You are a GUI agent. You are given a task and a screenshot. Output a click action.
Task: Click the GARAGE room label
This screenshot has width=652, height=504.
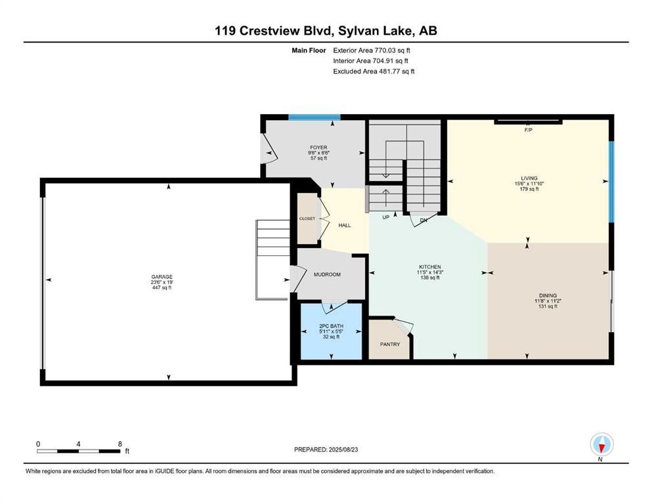pos(162,277)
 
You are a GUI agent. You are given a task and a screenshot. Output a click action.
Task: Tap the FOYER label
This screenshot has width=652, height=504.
pos(318,148)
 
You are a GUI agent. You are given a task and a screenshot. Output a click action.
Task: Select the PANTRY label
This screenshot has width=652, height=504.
pos(390,345)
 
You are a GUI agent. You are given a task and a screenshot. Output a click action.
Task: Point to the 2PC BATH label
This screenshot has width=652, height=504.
pos(332,326)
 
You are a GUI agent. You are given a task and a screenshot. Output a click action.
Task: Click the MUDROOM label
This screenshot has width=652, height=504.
pos(327,275)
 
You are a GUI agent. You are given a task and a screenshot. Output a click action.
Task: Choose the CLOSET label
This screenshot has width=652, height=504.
pos(307,219)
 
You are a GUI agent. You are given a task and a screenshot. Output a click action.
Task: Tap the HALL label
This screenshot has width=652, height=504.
pos(345,225)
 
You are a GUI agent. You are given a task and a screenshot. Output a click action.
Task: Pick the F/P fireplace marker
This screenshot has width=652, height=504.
pos(528,130)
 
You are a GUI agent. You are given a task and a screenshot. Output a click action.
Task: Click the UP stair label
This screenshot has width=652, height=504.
pos(386,217)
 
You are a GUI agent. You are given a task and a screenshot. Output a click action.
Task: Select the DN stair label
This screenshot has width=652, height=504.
pos(424,220)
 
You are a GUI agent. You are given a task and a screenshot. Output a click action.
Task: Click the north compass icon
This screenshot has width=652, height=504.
pos(601,445)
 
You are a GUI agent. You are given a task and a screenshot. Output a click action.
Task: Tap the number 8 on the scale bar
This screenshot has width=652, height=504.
pos(120,444)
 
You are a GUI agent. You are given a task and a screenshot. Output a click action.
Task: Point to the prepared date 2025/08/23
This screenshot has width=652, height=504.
pos(343,450)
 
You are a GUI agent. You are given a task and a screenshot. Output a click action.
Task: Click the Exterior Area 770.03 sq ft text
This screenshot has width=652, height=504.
pos(372,51)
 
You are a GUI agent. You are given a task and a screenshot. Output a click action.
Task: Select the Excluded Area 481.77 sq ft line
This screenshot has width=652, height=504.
pos(374,71)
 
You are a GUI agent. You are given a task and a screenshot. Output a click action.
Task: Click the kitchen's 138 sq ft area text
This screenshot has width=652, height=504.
pos(430,278)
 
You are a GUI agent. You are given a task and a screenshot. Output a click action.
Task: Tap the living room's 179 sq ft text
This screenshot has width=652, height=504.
pos(529,189)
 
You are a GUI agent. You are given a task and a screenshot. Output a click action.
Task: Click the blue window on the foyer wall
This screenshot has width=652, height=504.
pos(315,117)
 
